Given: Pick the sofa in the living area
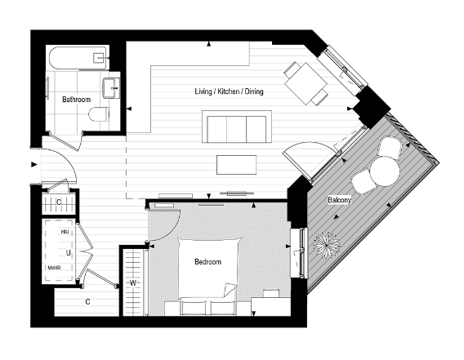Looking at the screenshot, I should (237, 129).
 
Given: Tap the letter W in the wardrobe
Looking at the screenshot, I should (132, 284).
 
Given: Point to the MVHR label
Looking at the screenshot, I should (55, 267).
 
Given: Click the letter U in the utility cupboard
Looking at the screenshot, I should (69, 252).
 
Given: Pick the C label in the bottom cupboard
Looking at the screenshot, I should (87, 302).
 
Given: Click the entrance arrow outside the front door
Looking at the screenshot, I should (33, 165).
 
